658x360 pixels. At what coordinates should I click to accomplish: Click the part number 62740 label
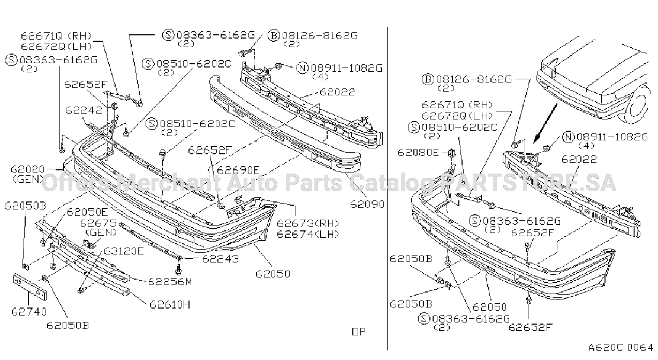[x=29, y=311]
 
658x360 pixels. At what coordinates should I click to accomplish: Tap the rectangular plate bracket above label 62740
[x=29, y=287]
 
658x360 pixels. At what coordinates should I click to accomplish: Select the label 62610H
[x=170, y=304]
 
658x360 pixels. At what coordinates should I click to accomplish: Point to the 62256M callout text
[x=170, y=282]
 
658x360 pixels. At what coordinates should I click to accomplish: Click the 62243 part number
[x=220, y=259]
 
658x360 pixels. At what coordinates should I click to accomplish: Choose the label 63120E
[x=124, y=251]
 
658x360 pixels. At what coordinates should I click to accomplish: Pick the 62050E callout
[x=88, y=212]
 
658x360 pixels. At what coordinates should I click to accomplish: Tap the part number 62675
[x=99, y=223]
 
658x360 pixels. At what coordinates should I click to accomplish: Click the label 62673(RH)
[x=308, y=223]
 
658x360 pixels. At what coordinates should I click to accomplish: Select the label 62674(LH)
[x=308, y=234]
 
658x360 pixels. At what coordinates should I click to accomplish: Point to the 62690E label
[x=238, y=170]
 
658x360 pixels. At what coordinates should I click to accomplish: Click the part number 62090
[x=367, y=204]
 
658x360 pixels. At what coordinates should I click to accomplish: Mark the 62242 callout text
[x=84, y=110]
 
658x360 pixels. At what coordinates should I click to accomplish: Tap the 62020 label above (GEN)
[x=28, y=169]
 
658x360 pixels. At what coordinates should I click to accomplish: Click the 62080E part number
[x=418, y=152]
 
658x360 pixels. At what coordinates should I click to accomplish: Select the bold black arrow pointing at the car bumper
[x=545, y=123]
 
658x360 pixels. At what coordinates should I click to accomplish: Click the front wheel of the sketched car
[x=639, y=105]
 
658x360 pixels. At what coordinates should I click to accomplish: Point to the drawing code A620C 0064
[x=621, y=348]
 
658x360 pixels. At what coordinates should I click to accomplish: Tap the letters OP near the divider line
[x=359, y=332]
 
